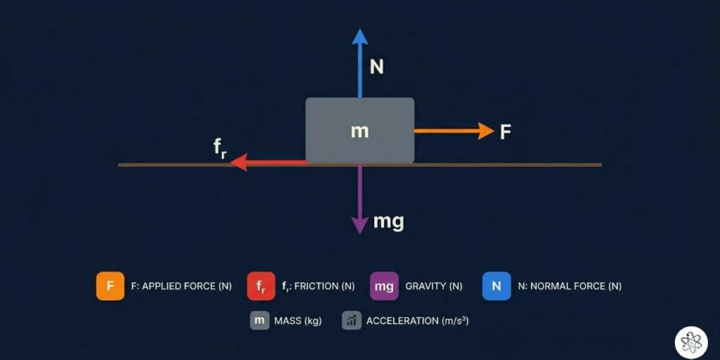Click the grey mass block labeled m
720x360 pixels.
click(x=359, y=131)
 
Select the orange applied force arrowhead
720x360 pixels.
click(x=486, y=131)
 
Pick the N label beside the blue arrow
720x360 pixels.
click(x=378, y=67)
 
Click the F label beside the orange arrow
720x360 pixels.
click(x=505, y=131)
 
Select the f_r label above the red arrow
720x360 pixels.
click(x=220, y=148)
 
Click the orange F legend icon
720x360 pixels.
click(x=110, y=286)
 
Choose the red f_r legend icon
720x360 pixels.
click(x=261, y=286)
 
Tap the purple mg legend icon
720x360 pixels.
click(x=384, y=286)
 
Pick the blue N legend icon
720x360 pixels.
click(x=496, y=286)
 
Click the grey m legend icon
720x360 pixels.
click(x=259, y=321)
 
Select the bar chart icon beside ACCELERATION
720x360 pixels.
click(x=352, y=321)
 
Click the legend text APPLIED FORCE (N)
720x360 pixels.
click(x=181, y=286)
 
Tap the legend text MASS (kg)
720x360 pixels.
click(x=297, y=321)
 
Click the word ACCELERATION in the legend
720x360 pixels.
click(x=402, y=321)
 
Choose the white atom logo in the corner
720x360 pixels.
click(x=691, y=342)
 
